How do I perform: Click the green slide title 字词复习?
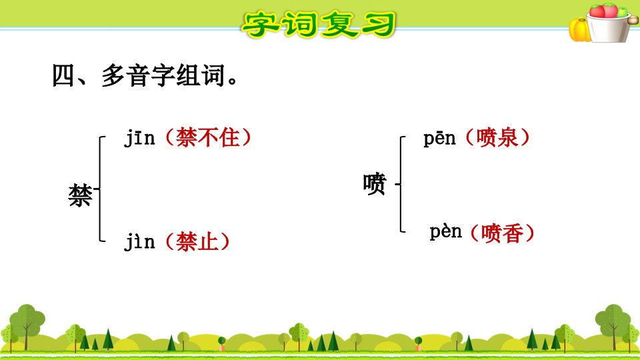coord(319,25)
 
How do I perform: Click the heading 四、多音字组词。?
coord(145,75)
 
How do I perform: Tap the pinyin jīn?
coord(139,137)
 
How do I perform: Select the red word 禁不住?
coord(208,137)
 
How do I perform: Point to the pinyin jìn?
coord(139,241)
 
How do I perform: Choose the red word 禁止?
coord(197,241)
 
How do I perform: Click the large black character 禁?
coord(80,195)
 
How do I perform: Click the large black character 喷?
coord(374,184)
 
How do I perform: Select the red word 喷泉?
coord(497,137)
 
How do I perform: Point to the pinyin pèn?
coord(445,232)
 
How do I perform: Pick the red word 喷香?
coord(503,233)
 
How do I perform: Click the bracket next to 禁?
coord(99,189)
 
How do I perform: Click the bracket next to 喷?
coord(401,184)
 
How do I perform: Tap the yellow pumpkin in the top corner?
coord(579,30)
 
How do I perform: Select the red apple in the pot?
coord(597,11)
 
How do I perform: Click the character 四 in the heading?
coord(64,75)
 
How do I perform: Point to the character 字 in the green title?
coord(260,25)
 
